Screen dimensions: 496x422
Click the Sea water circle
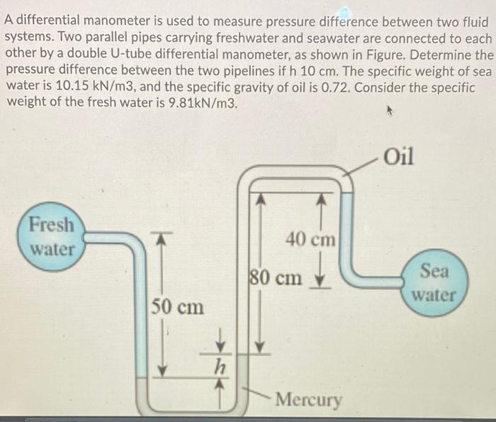click(x=434, y=282)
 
